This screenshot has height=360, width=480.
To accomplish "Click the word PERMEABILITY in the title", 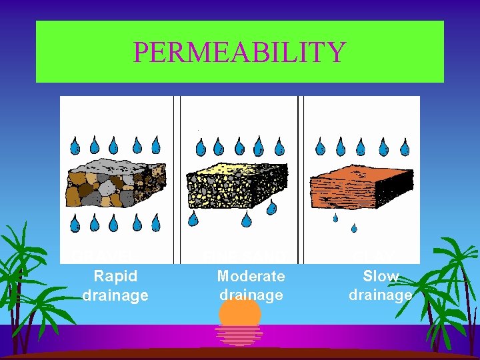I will click(239, 52).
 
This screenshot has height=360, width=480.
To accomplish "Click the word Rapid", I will click(115, 276).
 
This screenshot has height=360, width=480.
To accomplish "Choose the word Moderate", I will click(251, 276).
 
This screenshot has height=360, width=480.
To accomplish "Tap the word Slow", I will click(381, 276).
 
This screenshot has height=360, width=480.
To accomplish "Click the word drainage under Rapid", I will click(115, 295).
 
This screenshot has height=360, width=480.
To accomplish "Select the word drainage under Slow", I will click(381, 295).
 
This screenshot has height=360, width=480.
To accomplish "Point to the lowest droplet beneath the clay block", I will click(354, 229).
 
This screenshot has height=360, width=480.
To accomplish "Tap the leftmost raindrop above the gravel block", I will click(75, 146).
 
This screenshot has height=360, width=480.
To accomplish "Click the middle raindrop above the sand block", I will click(239, 147).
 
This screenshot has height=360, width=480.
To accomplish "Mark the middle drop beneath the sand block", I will click(246, 219).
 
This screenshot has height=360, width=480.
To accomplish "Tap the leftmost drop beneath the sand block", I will click(193, 218).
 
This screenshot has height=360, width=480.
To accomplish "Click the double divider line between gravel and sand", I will click(177, 180).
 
